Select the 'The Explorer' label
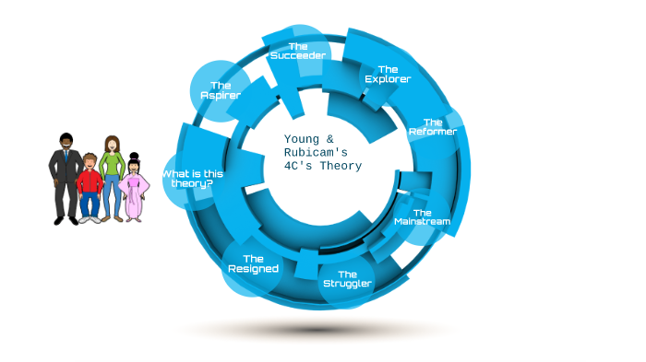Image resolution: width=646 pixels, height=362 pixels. pyautogui.click(x=388, y=74)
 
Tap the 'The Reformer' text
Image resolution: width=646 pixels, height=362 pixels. pyautogui.click(x=432, y=126)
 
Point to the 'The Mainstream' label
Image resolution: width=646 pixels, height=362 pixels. pyautogui.click(x=422, y=217)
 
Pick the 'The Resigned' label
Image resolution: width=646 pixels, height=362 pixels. pyautogui.click(x=253, y=263)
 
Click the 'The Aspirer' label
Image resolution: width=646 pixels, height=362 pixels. pyautogui.click(x=220, y=90)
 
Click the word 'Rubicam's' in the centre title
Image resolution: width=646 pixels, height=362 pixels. pyautogui.click(x=315, y=153)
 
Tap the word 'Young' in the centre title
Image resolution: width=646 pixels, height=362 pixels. pyautogui.click(x=303, y=139)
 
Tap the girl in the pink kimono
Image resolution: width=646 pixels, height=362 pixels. pyautogui.click(x=134, y=189)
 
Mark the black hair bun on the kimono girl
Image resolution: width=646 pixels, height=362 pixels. pyautogui.click(x=134, y=155)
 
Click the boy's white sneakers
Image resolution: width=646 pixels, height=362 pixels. pyautogui.click(x=90, y=219)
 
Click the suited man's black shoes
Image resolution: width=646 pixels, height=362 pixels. pyautogui.click(x=66, y=220)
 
